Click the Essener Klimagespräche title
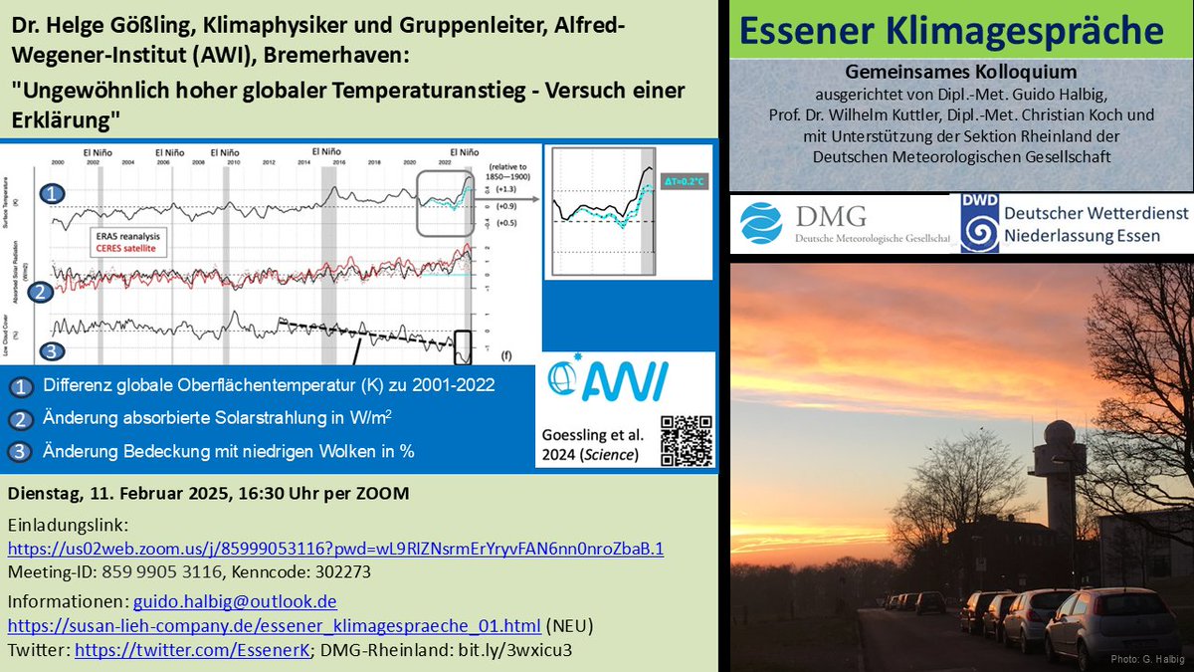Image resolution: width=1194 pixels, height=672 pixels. [960, 31]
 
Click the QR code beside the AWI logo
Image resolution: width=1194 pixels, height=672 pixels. [687, 439]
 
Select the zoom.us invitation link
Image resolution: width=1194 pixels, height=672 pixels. [335, 549]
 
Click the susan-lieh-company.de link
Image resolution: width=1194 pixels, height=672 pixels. [275, 625]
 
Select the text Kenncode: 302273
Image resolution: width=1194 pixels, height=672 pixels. [278, 571]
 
